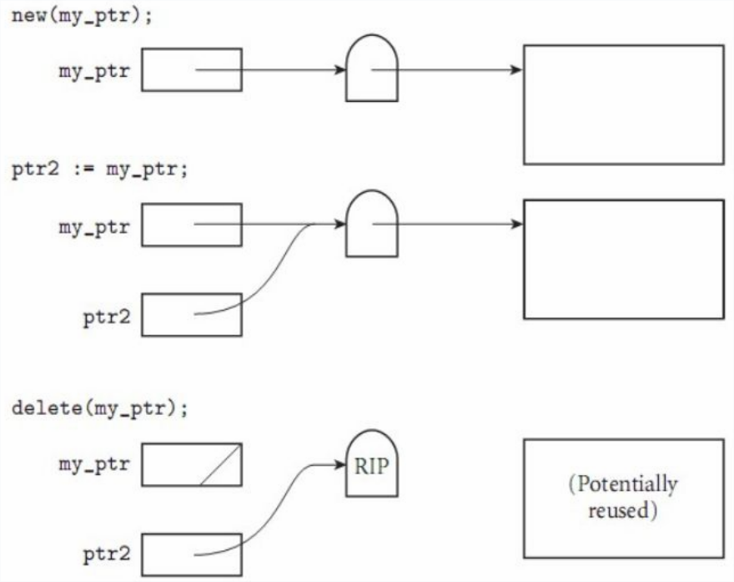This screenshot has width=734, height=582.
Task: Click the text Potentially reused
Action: point(622,497)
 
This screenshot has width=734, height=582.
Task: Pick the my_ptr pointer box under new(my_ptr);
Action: point(191,69)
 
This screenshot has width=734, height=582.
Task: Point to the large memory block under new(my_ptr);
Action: point(622,104)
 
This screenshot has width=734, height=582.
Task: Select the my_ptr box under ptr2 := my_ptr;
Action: point(191,224)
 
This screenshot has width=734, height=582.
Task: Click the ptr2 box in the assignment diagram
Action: point(191,314)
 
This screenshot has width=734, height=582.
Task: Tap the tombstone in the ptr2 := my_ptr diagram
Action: point(372,223)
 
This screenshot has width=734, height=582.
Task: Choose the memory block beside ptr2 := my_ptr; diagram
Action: point(622,259)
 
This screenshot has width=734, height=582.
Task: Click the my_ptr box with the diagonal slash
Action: point(191,464)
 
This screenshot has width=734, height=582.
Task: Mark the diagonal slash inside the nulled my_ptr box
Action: point(220,464)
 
